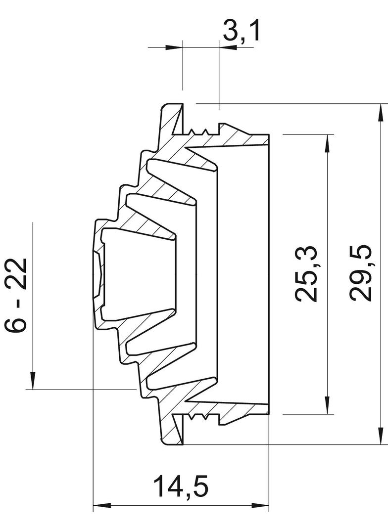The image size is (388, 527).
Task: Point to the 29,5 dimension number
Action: click(360, 273)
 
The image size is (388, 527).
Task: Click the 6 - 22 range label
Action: click(15, 295)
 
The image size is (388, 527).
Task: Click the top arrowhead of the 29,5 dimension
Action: click(381, 113)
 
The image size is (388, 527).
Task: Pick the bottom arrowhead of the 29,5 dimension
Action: click(381, 436)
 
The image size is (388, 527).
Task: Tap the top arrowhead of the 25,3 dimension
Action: click(327, 143)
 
